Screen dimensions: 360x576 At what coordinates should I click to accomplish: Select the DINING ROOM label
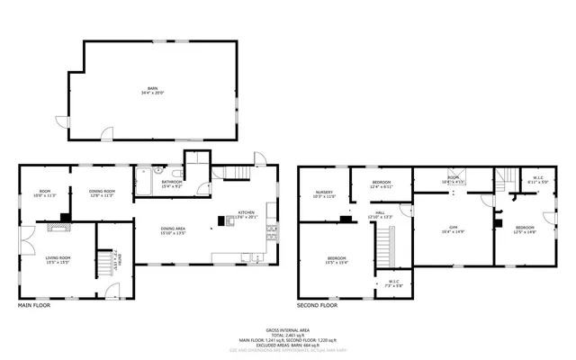pos(101,192)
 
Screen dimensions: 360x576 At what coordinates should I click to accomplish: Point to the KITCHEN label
pos(246,214)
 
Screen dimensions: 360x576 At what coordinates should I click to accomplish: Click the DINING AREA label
pos(173,230)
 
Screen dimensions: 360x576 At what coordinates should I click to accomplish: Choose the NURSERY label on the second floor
pos(324,193)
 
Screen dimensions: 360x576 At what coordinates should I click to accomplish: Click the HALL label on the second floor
pos(381,214)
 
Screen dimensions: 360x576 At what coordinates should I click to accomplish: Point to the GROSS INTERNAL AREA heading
pos(287,330)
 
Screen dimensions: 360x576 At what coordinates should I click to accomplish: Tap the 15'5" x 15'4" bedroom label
pos(337,260)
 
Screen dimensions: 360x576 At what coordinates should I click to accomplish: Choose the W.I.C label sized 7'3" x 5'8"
pos(393,284)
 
